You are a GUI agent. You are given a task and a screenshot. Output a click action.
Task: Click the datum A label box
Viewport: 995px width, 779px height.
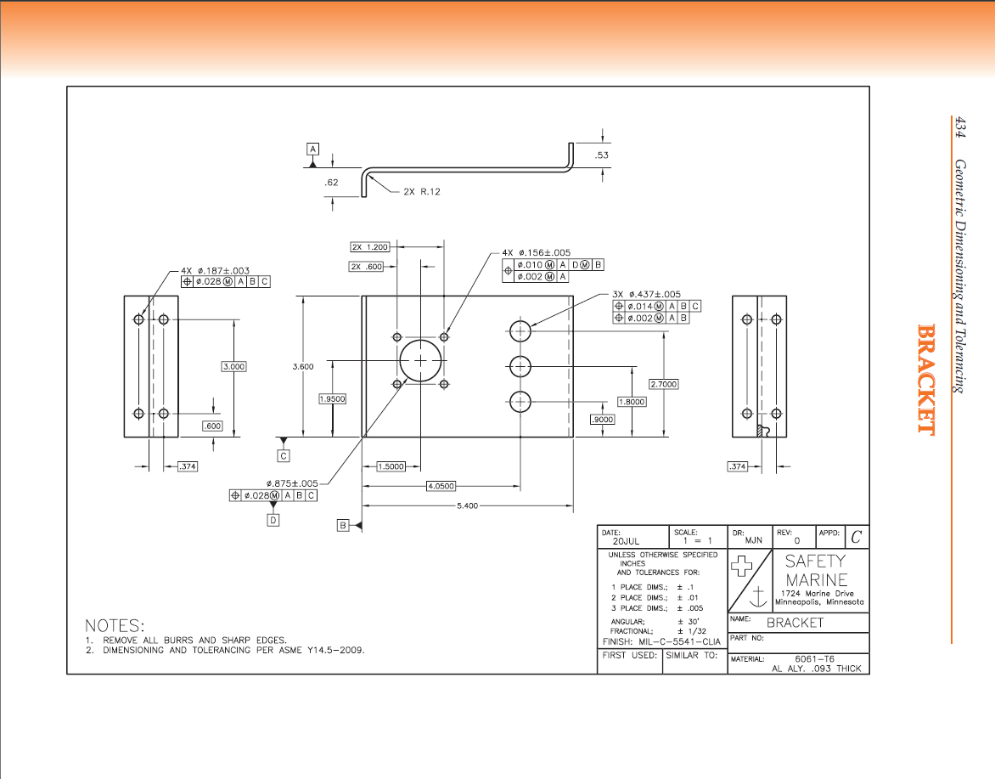[x=312, y=149]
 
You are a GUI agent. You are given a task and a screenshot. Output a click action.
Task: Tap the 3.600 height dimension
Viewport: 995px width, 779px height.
[x=303, y=366]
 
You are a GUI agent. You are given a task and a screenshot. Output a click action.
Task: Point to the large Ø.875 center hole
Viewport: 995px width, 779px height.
[x=420, y=360]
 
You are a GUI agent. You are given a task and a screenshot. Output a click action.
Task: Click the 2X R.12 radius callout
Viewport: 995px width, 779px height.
[x=422, y=191]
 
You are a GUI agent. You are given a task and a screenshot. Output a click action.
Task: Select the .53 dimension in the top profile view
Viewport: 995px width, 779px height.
[x=602, y=155]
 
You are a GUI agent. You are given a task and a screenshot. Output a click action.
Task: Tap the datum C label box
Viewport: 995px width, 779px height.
[x=284, y=456]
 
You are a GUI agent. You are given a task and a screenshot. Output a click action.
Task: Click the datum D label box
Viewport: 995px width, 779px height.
[x=273, y=520]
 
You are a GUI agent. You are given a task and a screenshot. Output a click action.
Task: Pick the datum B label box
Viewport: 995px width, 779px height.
[x=344, y=526]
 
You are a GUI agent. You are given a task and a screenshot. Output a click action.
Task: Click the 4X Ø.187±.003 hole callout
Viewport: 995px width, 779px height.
[x=215, y=271]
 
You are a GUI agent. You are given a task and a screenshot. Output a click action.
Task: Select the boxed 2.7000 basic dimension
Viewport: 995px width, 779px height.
[x=663, y=384]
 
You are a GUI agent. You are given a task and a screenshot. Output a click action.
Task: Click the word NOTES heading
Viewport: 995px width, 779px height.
[x=115, y=625]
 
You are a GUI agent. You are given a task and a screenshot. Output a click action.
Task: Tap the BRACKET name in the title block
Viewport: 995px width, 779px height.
[x=795, y=623]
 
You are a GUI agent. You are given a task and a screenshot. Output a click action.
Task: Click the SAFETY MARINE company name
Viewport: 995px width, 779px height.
[x=815, y=570]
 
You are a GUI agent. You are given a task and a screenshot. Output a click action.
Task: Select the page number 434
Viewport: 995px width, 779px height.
[x=959, y=127]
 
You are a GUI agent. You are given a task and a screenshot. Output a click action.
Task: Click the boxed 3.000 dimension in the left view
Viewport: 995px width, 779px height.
[x=233, y=366]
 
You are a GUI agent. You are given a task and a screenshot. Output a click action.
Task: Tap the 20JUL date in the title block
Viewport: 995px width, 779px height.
[x=625, y=541]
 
